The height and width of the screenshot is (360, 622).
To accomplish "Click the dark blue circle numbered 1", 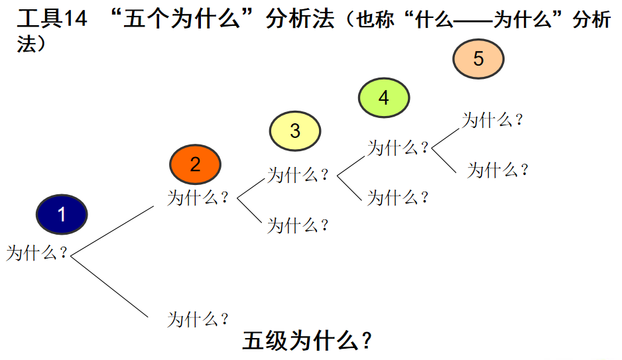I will pyautogui.click(x=62, y=214).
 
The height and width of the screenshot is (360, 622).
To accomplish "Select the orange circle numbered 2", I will pyautogui.click(x=195, y=164).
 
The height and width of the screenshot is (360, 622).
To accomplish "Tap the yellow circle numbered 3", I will pyautogui.click(x=295, y=131).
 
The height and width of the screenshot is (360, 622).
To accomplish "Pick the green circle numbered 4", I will pyautogui.click(x=383, y=97).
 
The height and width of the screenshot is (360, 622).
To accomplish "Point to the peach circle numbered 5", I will pyautogui.click(x=479, y=59).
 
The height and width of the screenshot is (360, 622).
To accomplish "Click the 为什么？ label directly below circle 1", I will pyautogui.click(x=37, y=253).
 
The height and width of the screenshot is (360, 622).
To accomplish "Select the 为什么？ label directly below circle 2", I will pyautogui.click(x=198, y=198).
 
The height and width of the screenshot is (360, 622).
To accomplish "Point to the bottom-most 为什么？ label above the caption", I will pyautogui.click(x=198, y=319).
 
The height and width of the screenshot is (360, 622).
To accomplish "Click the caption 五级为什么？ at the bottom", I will pyautogui.click(x=307, y=341).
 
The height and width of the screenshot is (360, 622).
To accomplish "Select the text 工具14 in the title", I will pyautogui.click(x=52, y=19).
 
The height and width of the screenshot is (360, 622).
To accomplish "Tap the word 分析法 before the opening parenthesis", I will pyautogui.click(x=299, y=19).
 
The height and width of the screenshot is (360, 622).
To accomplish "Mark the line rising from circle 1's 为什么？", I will pyautogui.click(x=113, y=229).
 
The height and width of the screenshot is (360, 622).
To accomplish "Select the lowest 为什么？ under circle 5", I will pyautogui.click(x=498, y=170).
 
